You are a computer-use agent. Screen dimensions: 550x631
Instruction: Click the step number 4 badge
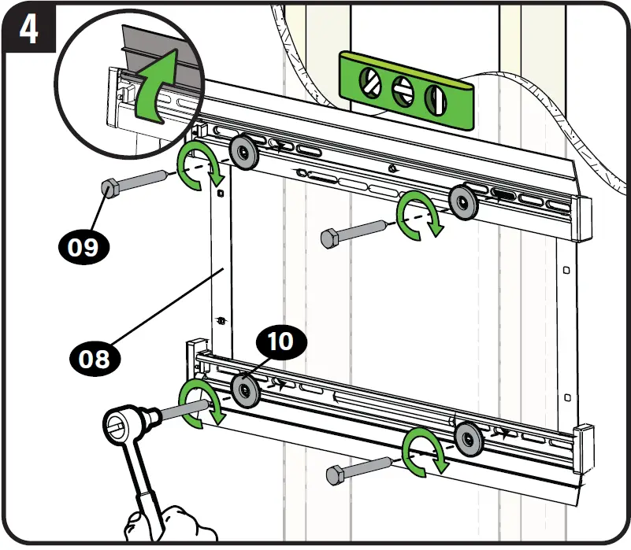(x=28, y=29)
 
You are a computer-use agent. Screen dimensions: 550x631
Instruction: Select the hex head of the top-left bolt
(x=109, y=189)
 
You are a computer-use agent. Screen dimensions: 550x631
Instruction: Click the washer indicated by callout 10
(x=246, y=389)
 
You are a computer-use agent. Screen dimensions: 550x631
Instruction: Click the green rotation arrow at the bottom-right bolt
(x=425, y=453)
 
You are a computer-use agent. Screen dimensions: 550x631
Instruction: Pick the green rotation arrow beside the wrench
(x=199, y=403)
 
